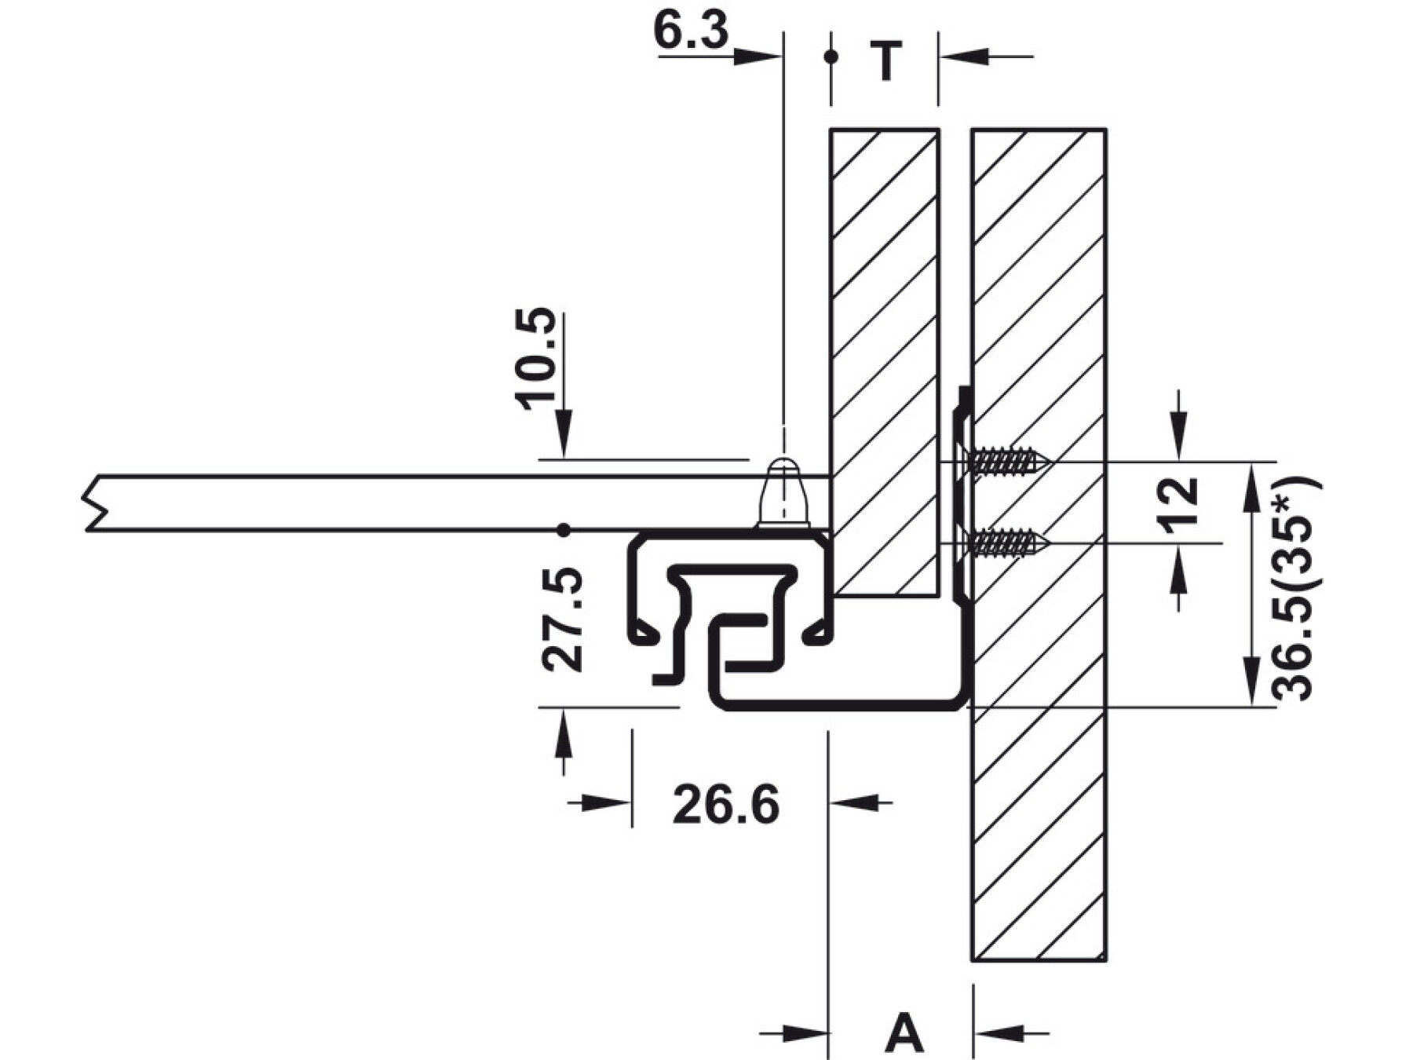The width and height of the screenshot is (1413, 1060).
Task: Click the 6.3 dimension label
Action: (x=691, y=31)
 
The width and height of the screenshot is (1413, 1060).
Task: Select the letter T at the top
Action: (x=886, y=60)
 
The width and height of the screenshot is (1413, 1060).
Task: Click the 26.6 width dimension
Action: (x=726, y=805)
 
